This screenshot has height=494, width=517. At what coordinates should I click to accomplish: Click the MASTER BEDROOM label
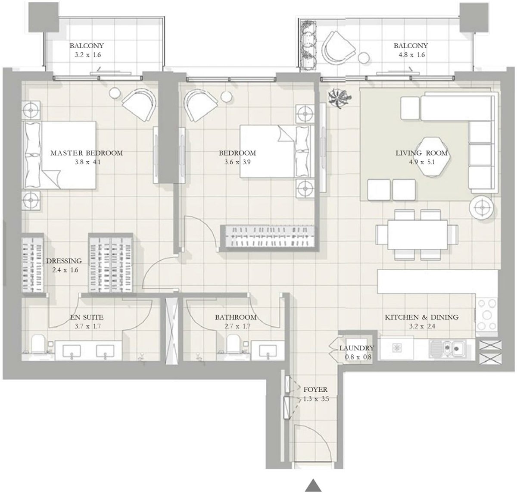[x=87, y=153]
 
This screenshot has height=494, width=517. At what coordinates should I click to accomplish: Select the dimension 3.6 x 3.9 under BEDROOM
[x=237, y=163]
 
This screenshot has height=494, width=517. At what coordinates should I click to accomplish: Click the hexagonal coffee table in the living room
[x=431, y=157]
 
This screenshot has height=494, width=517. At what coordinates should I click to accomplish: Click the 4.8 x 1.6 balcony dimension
[x=410, y=55]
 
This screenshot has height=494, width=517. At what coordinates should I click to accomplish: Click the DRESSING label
[x=64, y=261]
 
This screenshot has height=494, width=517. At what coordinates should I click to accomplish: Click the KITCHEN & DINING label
[x=421, y=317]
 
